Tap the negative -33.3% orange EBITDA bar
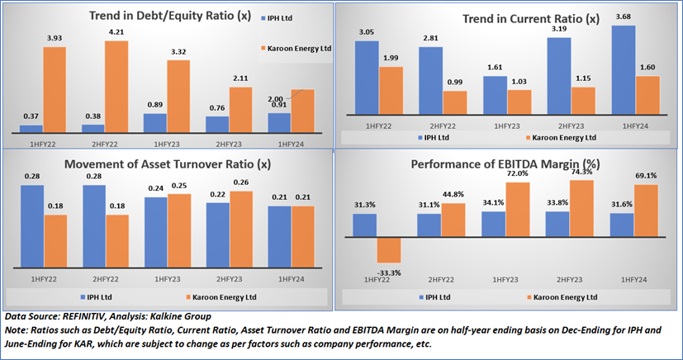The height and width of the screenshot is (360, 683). click(x=390, y=250)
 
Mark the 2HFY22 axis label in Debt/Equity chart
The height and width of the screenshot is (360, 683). click(x=92, y=143)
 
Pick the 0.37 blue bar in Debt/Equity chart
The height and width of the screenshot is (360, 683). click(x=31, y=128)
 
